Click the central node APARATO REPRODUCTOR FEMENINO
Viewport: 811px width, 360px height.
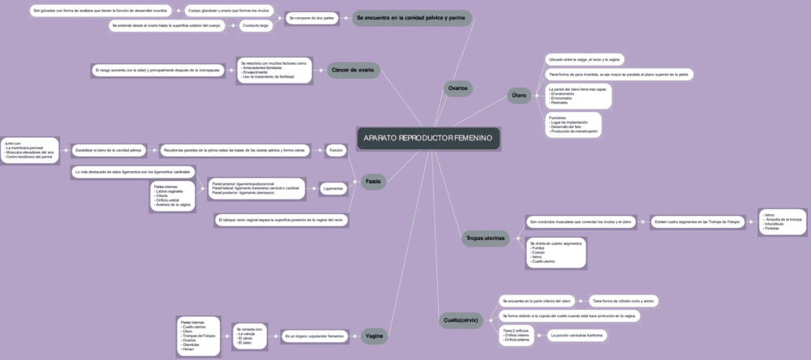tap(427, 139)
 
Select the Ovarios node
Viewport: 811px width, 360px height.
tap(458, 88)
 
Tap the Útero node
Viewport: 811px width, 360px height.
tap(519, 96)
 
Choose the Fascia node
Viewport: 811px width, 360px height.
tap(373, 181)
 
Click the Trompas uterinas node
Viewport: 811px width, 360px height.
tap(485, 238)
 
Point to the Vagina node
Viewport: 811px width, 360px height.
tap(374, 336)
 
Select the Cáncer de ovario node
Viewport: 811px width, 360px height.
tap(353, 71)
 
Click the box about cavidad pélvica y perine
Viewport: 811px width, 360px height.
tap(411, 17)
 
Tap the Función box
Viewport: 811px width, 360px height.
tap(337, 150)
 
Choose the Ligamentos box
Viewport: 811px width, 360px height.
tap(333, 188)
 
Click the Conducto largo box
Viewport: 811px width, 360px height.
tap(254, 26)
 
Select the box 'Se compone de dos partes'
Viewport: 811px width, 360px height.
tap(311, 17)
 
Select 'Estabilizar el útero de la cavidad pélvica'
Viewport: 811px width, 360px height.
tap(108, 150)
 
